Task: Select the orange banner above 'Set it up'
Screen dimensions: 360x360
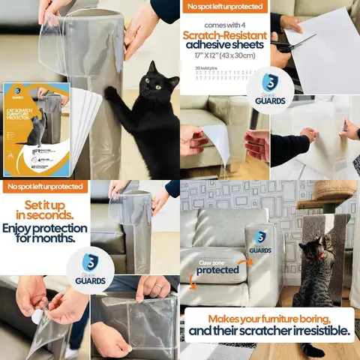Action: (x=44, y=187)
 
